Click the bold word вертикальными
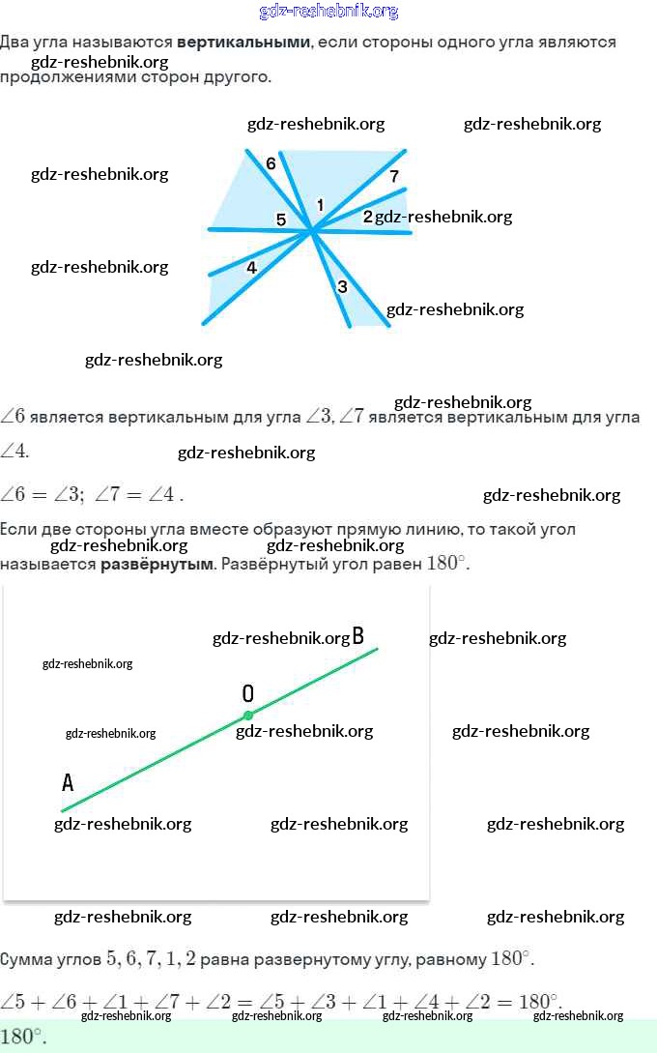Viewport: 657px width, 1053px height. click(x=243, y=43)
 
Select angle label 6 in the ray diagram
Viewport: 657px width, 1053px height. click(x=271, y=163)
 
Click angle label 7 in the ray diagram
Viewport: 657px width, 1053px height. click(x=394, y=176)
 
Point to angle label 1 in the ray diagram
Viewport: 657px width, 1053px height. click(x=320, y=205)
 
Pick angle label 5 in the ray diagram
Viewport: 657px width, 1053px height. click(x=281, y=219)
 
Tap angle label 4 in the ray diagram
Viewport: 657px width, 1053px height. click(x=251, y=268)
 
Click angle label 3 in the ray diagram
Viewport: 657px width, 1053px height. click(x=342, y=286)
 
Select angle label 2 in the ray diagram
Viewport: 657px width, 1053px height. click(x=367, y=217)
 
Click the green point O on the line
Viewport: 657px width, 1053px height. click(x=248, y=716)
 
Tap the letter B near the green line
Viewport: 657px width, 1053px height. click(x=357, y=636)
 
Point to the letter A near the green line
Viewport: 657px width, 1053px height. click(x=68, y=782)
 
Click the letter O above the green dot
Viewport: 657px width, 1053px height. click(x=248, y=693)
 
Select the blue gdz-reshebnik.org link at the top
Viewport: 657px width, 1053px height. click(x=328, y=12)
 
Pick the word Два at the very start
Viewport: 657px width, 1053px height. click(x=15, y=43)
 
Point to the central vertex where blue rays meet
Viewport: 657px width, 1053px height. click(x=311, y=230)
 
